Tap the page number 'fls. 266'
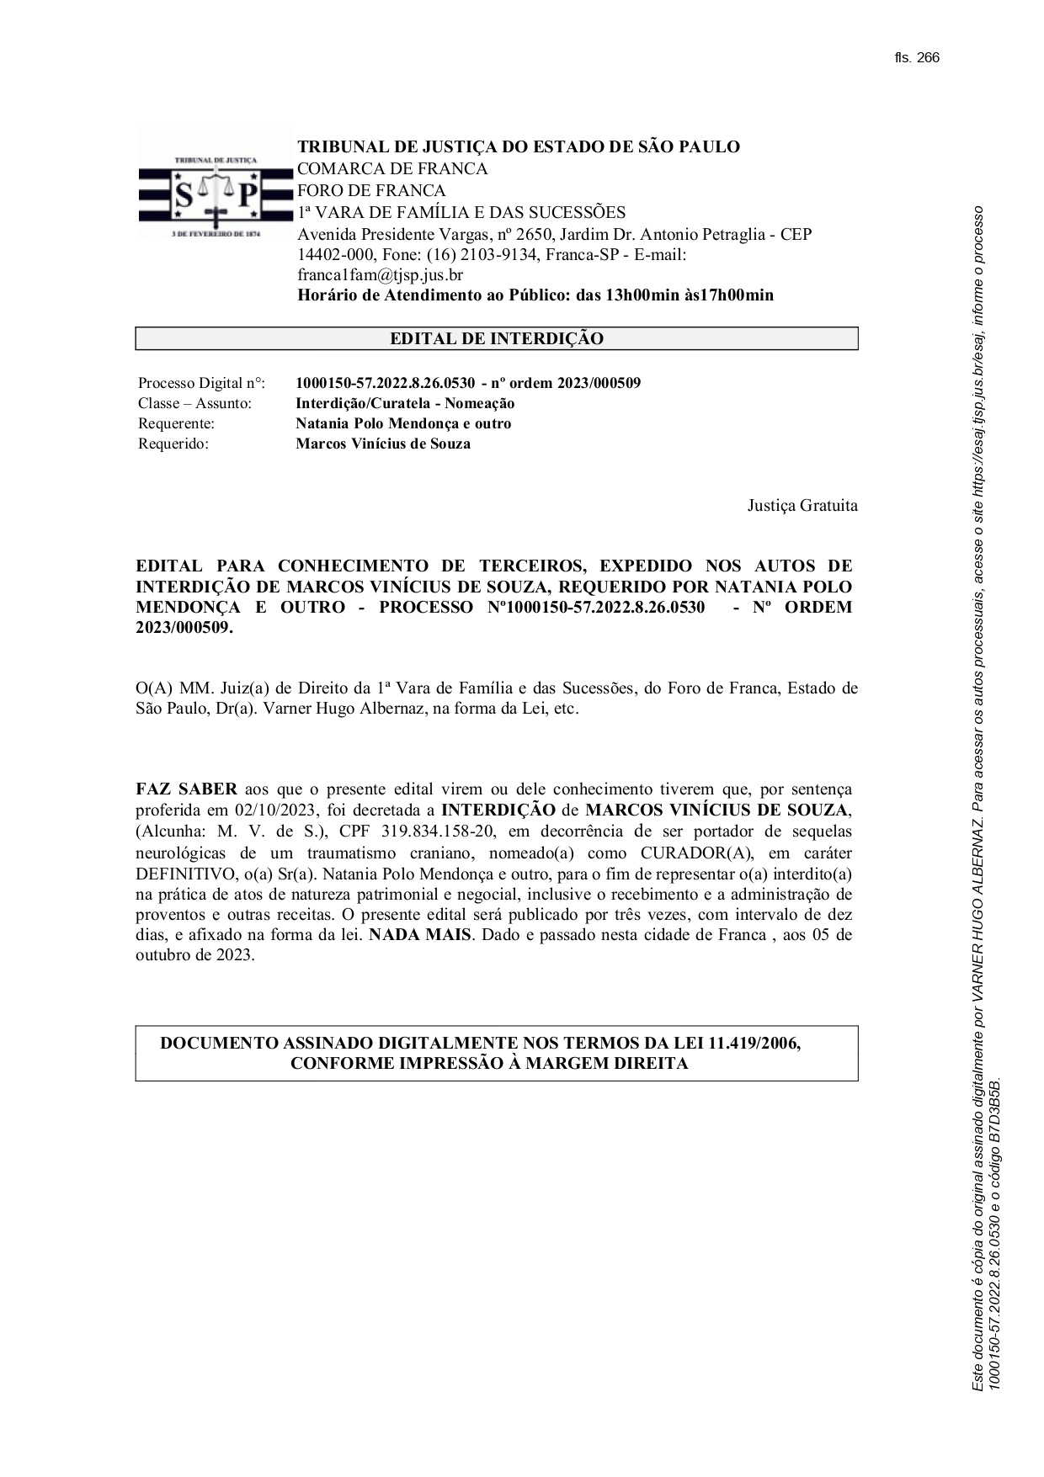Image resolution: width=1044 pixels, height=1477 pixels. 917,58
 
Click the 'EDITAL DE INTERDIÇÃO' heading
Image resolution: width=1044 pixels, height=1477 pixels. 497,339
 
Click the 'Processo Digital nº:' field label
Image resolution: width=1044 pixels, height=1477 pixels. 201,384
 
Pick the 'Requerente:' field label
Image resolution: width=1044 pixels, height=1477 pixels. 176,424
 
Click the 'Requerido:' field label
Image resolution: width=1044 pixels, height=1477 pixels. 173,444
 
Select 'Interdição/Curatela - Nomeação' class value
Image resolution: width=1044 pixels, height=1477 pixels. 405,404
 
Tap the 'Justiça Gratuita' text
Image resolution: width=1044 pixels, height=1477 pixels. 802,506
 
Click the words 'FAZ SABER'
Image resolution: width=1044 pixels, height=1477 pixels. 186,789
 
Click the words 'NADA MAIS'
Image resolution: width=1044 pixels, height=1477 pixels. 419,935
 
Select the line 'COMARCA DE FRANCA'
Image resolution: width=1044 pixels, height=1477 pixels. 392,169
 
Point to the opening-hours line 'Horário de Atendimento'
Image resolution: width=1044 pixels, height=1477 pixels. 535,295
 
